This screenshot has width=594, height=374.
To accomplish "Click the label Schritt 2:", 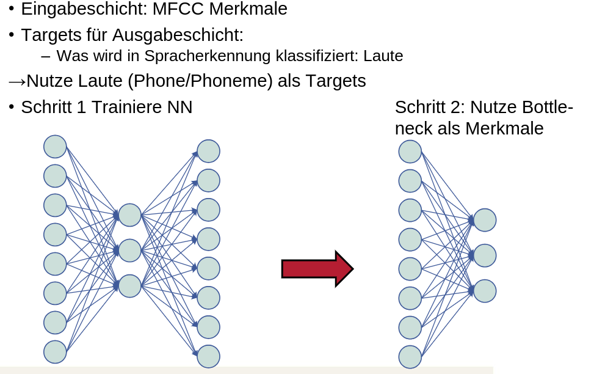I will pyautogui.click(x=430, y=108).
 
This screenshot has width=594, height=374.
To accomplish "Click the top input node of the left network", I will pyautogui.click(x=55, y=147).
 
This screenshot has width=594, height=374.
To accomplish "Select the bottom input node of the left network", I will pyautogui.click(x=55, y=352).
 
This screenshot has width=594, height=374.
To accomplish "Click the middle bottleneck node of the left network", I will pyautogui.click(x=130, y=251).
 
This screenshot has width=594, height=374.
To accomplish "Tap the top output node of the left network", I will pyautogui.click(x=208, y=151).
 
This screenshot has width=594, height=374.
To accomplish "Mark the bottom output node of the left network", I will pyautogui.click(x=208, y=356).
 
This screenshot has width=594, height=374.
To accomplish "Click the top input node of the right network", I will pyautogui.click(x=410, y=152).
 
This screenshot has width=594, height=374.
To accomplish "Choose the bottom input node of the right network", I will pyautogui.click(x=410, y=357).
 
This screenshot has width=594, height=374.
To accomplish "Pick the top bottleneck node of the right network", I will pyautogui.click(x=485, y=220).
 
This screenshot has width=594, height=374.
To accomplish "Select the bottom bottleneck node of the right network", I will pyautogui.click(x=485, y=291).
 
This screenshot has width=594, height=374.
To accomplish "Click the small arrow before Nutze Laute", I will pyautogui.click(x=16, y=81).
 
